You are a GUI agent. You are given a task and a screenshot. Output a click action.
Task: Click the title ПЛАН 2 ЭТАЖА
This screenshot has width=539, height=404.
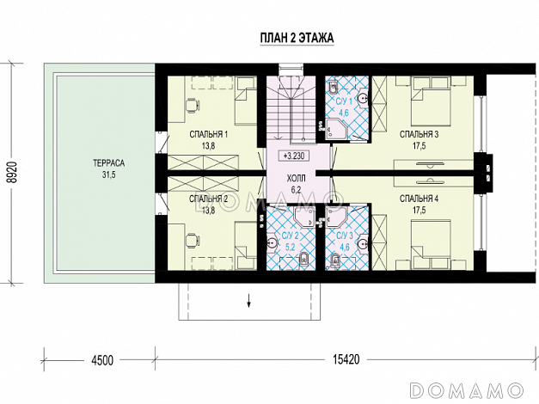pos(297,38)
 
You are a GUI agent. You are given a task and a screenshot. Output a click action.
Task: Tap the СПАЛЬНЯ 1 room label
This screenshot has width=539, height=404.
pos(208,134)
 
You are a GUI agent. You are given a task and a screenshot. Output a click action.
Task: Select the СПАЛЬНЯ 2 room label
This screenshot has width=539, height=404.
pos(208,199)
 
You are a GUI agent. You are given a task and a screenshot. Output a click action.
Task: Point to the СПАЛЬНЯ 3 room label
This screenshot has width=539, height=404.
pos(419,134)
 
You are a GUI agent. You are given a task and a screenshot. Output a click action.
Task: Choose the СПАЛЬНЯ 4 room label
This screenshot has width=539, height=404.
pos(419,199)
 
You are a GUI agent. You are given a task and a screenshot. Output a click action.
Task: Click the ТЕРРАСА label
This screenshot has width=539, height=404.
pos(108,163)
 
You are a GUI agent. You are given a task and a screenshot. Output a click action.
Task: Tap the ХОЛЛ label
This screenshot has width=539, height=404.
pos(296,179)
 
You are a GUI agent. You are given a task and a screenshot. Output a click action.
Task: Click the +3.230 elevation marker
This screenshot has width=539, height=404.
pos(294,156)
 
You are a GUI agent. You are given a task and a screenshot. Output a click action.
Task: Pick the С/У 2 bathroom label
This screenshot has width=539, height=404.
pos(291,236)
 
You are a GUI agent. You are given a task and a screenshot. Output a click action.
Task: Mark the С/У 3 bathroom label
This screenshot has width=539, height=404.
pos(345,236)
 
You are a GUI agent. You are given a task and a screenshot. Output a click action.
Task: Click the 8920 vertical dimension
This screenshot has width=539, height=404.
pos(12,173)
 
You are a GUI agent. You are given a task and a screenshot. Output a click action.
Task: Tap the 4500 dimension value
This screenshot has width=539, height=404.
pos(102,360)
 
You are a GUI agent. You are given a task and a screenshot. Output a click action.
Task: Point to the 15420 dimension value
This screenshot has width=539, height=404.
pos(346,359)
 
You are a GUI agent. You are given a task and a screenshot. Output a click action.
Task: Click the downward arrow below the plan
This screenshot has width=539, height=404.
pos(249,301)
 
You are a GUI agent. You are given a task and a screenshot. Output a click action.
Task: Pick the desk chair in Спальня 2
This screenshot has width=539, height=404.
pos(192,240)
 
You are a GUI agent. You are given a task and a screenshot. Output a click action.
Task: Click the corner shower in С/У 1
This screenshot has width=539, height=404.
pos(336,129)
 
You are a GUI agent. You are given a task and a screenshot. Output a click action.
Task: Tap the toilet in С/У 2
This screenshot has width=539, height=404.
pos(304,259)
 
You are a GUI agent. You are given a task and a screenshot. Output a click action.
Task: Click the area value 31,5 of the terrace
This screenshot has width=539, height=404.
pos(109,175)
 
